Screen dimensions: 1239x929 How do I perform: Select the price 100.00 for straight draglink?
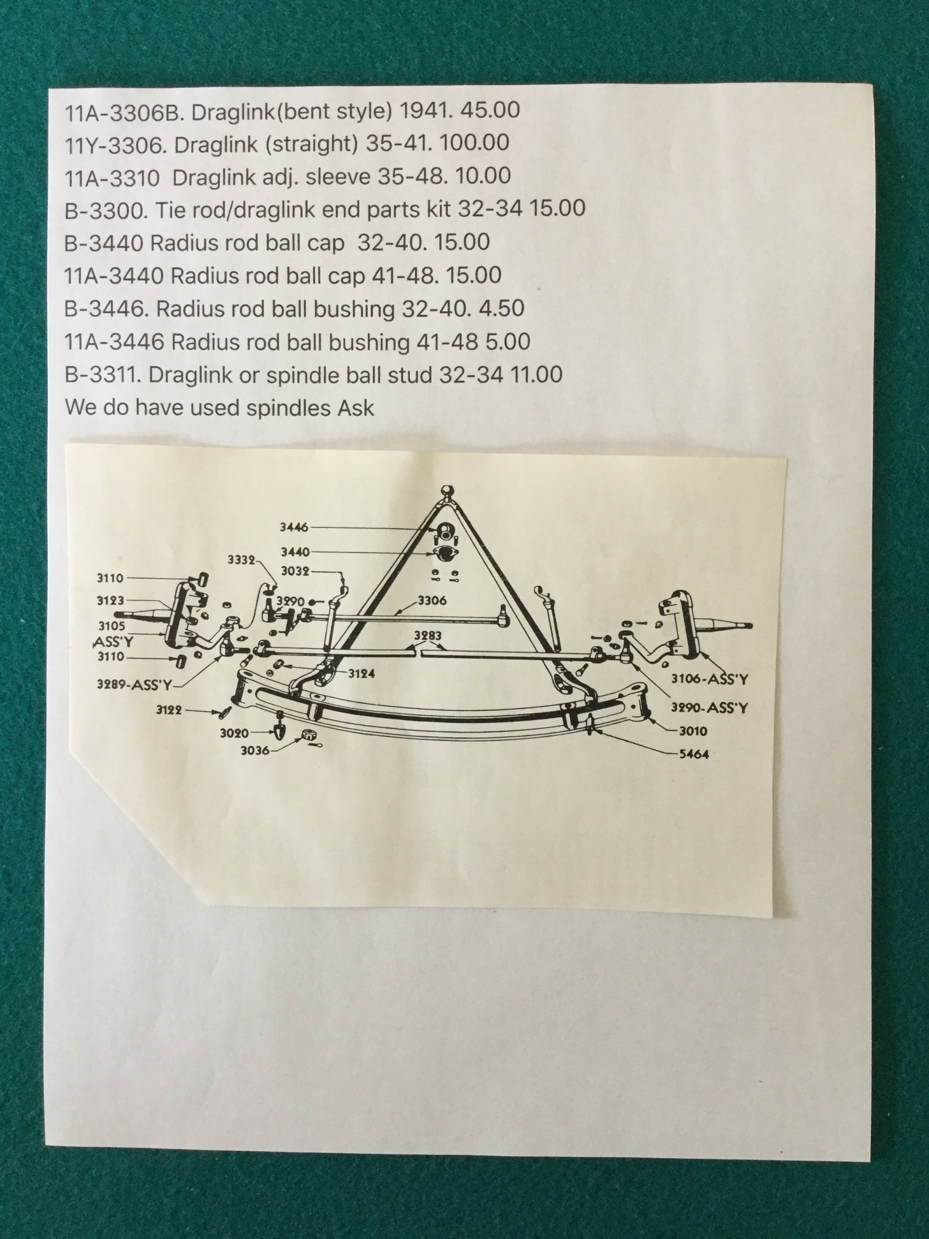click(x=475, y=143)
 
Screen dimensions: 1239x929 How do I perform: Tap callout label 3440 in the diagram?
click(x=295, y=552)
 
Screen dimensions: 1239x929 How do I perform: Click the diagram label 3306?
click(x=432, y=601)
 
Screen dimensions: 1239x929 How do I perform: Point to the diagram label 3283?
click(x=428, y=636)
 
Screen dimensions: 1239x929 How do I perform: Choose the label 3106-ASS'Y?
click(x=709, y=680)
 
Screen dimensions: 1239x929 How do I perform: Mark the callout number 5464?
click(x=694, y=754)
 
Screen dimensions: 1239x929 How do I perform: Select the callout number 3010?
click(x=693, y=731)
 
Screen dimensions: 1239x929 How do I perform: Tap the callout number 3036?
click(x=255, y=751)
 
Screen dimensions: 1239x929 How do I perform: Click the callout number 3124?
click(x=361, y=674)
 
